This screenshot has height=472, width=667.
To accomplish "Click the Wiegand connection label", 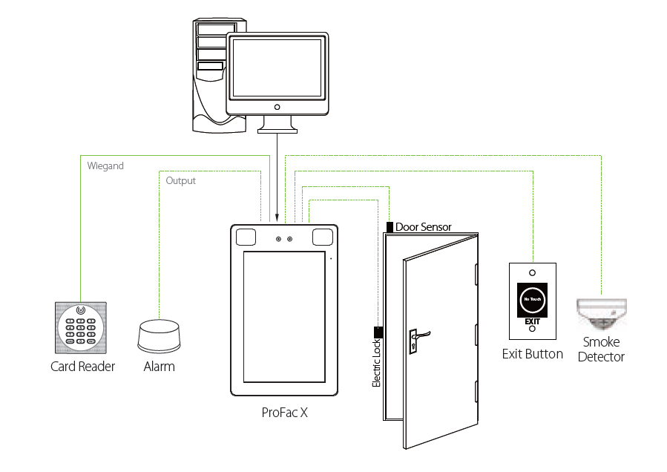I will click(x=105, y=166).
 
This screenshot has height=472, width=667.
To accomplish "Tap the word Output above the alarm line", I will click(x=181, y=180).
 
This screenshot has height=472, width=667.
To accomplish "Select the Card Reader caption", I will click(x=83, y=366).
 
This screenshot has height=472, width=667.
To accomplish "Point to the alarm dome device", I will click(x=158, y=336).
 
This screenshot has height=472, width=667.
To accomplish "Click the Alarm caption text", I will click(x=159, y=366).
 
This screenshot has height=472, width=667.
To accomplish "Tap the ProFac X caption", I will click(x=284, y=413).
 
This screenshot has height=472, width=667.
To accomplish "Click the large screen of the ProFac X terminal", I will click(x=284, y=317).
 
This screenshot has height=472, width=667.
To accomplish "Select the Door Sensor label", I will click(x=423, y=227).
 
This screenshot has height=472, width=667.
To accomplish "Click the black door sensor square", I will click(x=390, y=226).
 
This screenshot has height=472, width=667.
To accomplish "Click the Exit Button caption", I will click(x=533, y=354).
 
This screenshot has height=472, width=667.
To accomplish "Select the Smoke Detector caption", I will click(x=602, y=350).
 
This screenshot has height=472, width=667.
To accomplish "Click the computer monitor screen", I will click(x=277, y=68).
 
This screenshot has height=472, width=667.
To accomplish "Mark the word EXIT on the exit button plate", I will click(x=533, y=321).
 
